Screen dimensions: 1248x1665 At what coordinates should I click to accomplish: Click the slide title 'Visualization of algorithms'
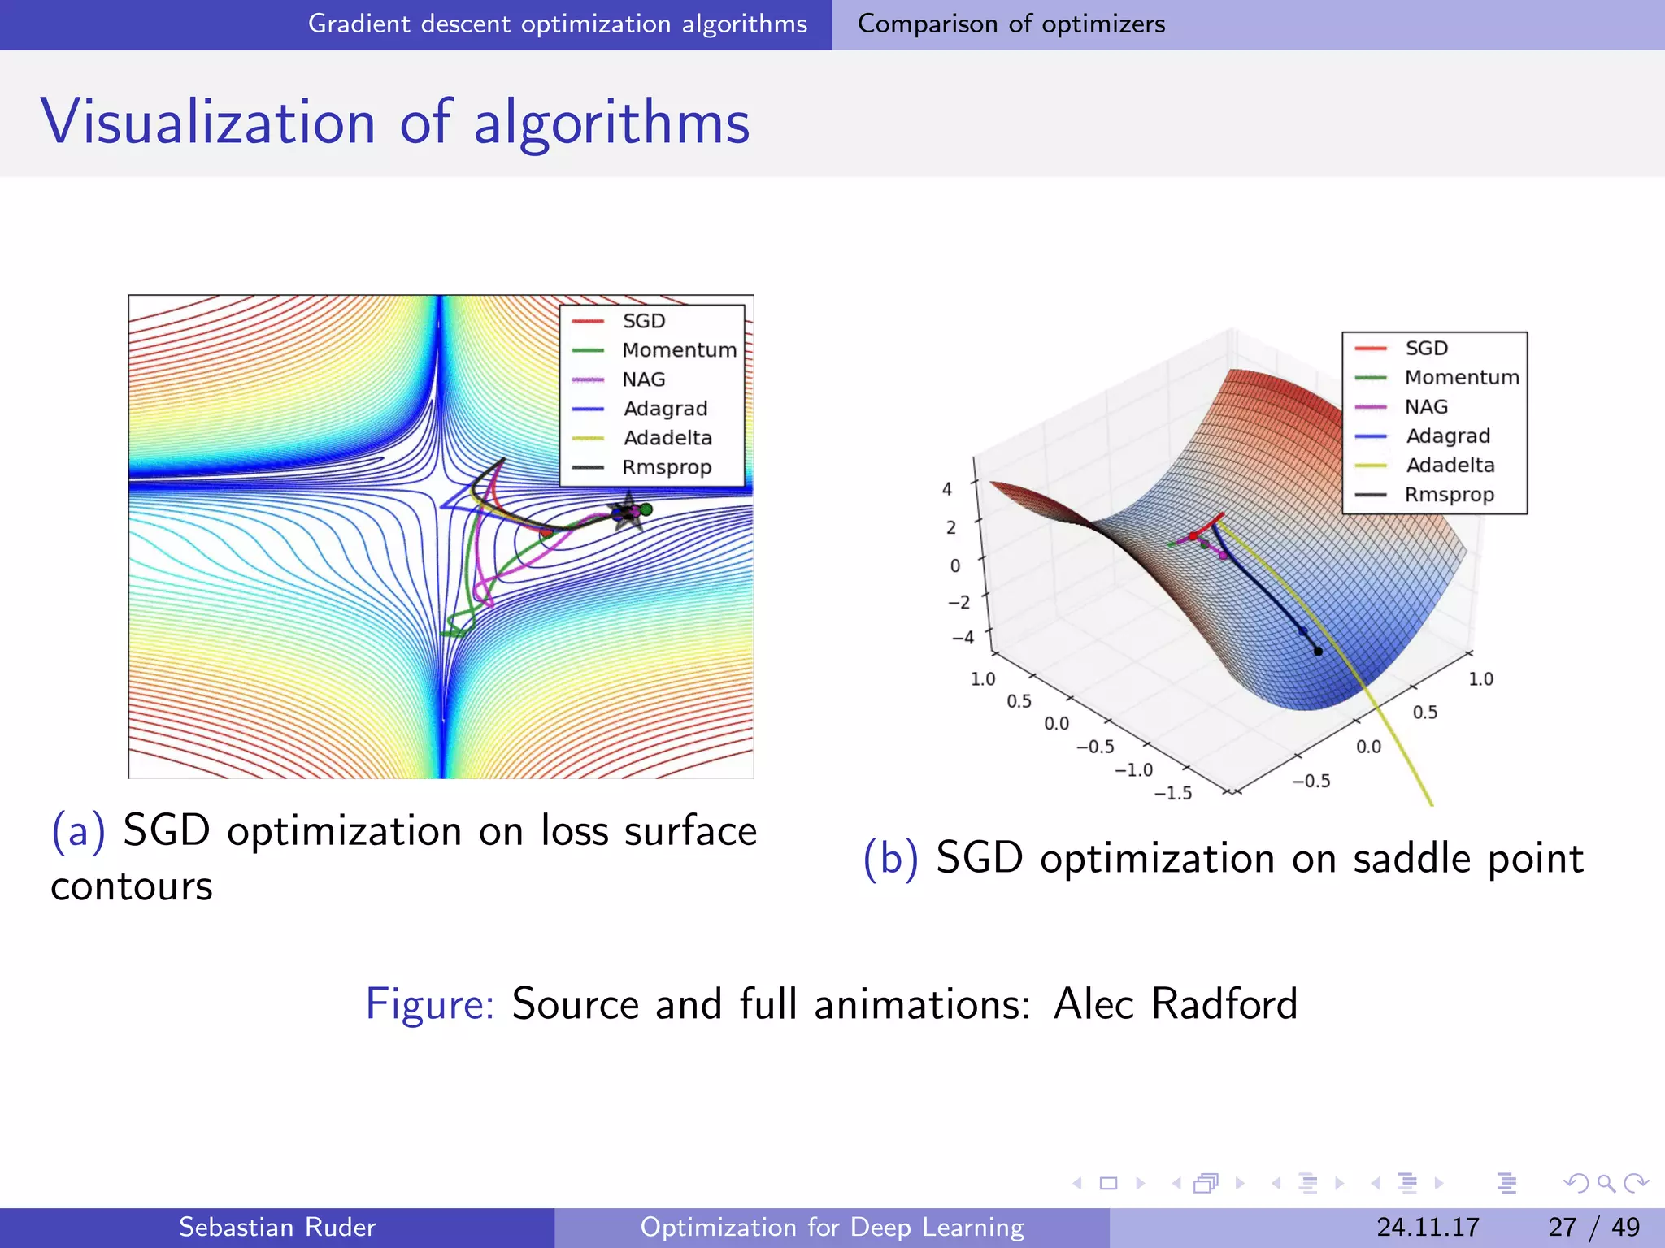coord(395,122)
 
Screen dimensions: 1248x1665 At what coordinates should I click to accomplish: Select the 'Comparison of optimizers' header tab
coord(1011,24)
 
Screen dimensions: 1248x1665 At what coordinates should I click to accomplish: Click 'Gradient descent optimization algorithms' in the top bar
coord(558,24)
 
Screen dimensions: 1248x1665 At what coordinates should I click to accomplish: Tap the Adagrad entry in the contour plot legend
coord(664,409)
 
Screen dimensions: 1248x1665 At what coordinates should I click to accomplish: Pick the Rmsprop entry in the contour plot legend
coord(666,467)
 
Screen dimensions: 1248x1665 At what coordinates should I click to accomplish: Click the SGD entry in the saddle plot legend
coord(1426,349)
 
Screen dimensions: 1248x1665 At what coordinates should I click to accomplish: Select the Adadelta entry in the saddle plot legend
coord(1450,466)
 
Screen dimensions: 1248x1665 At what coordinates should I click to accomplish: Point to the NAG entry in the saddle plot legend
coord(1426,407)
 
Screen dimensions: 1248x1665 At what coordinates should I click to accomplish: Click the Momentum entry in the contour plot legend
coord(678,350)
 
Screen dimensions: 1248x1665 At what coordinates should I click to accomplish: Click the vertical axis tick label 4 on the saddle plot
coord(946,489)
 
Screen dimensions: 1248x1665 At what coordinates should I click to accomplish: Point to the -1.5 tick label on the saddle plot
coord(1173,793)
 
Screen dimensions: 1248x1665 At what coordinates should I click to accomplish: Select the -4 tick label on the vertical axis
coord(963,638)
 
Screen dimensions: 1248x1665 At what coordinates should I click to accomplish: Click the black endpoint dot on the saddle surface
coord(1318,652)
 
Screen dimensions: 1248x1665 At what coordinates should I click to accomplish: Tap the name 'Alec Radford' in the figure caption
coord(1175,1004)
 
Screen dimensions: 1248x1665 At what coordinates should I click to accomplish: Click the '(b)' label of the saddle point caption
coord(891,858)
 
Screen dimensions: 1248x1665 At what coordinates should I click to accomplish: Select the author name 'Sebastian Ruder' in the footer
coord(276,1227)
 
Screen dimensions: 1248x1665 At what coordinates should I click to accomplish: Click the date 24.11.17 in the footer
coord(1428,1227)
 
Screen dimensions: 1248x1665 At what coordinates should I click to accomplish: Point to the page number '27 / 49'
coord(1593,1227)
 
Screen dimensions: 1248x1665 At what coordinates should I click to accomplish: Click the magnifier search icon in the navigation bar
coord(1606,1183)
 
